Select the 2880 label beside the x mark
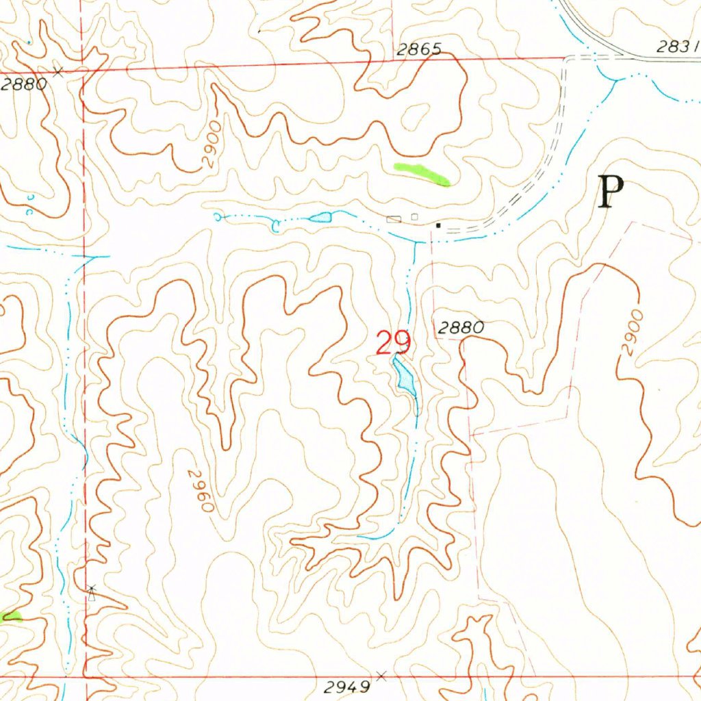pos(24,84)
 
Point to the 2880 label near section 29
pos(460,328)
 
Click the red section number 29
pos(393,342)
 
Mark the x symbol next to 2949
pos(381,676)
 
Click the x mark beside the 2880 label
pos(59,71)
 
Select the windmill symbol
pos(92,592)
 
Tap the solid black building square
pos(438,225)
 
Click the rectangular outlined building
pos(394,219)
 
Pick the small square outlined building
pos(414,217)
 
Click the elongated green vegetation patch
pos(422,173)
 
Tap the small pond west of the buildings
pos(320,218)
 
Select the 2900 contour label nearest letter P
pos(633,332)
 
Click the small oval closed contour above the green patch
pos(416,117)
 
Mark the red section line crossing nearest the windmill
pos(85,676)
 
